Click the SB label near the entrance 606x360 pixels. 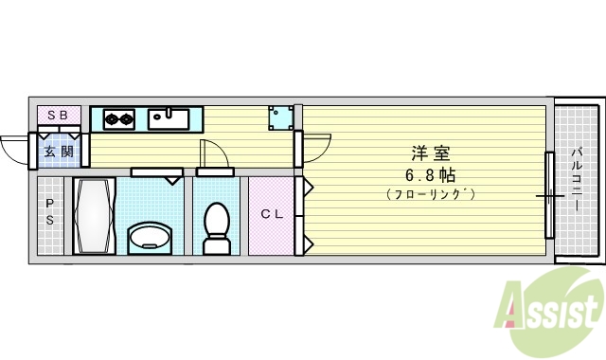pos(57,116)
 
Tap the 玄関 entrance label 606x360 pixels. pos(58,151)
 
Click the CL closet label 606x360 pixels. pos(272,214)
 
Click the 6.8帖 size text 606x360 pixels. pos(430,174)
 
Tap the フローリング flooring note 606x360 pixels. pos(430,194)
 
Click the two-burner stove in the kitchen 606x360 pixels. pos(119,119)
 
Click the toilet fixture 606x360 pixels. pos(217,227)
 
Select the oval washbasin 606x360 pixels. pos(148,236)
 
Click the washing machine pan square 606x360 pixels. pos(280,117)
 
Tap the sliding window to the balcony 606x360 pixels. pos(547,195)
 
